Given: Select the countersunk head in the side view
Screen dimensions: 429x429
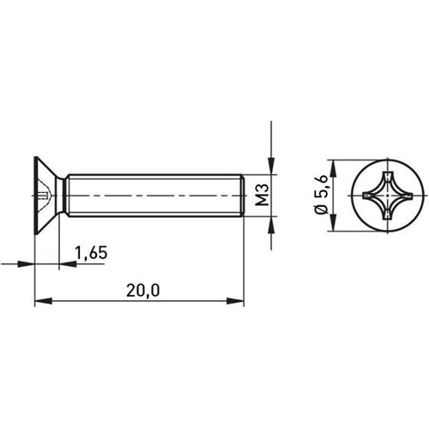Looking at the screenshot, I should pyautogui.click(x=46, y=196).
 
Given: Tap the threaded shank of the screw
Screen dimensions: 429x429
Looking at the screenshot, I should pyautogui.click(x=154, y=196).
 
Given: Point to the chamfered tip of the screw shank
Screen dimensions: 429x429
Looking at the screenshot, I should pyautogui.click(x=243, y=196).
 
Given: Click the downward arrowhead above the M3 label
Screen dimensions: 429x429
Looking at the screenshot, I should pyautogui.click(x=271, y=170).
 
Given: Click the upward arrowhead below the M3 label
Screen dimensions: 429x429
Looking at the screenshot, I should pyautogui.click(x=271, y=225).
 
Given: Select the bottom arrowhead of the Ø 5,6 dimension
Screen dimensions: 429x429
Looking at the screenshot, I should pyautogui.click(x=330, y=229).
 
